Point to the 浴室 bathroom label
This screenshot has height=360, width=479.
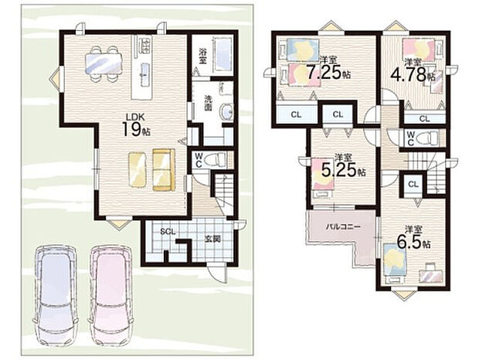[x=202, y=56]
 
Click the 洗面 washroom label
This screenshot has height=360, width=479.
[x=209, y=103]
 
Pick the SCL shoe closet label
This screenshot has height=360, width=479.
[x=168, y=232]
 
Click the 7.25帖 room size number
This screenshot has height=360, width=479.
[x=328, y=73]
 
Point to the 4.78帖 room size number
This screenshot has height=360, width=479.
[x=413, y=74]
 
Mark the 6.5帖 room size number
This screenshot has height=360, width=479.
[x=414, y=241]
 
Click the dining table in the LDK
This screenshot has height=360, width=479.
[x=104, y=63]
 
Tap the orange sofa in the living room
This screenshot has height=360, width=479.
[x=164, y=170]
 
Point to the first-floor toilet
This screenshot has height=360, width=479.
[x=215, y=160]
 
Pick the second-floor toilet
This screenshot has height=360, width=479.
[x=428, y=138]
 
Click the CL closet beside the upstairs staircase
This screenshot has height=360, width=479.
[x=413, y=184]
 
